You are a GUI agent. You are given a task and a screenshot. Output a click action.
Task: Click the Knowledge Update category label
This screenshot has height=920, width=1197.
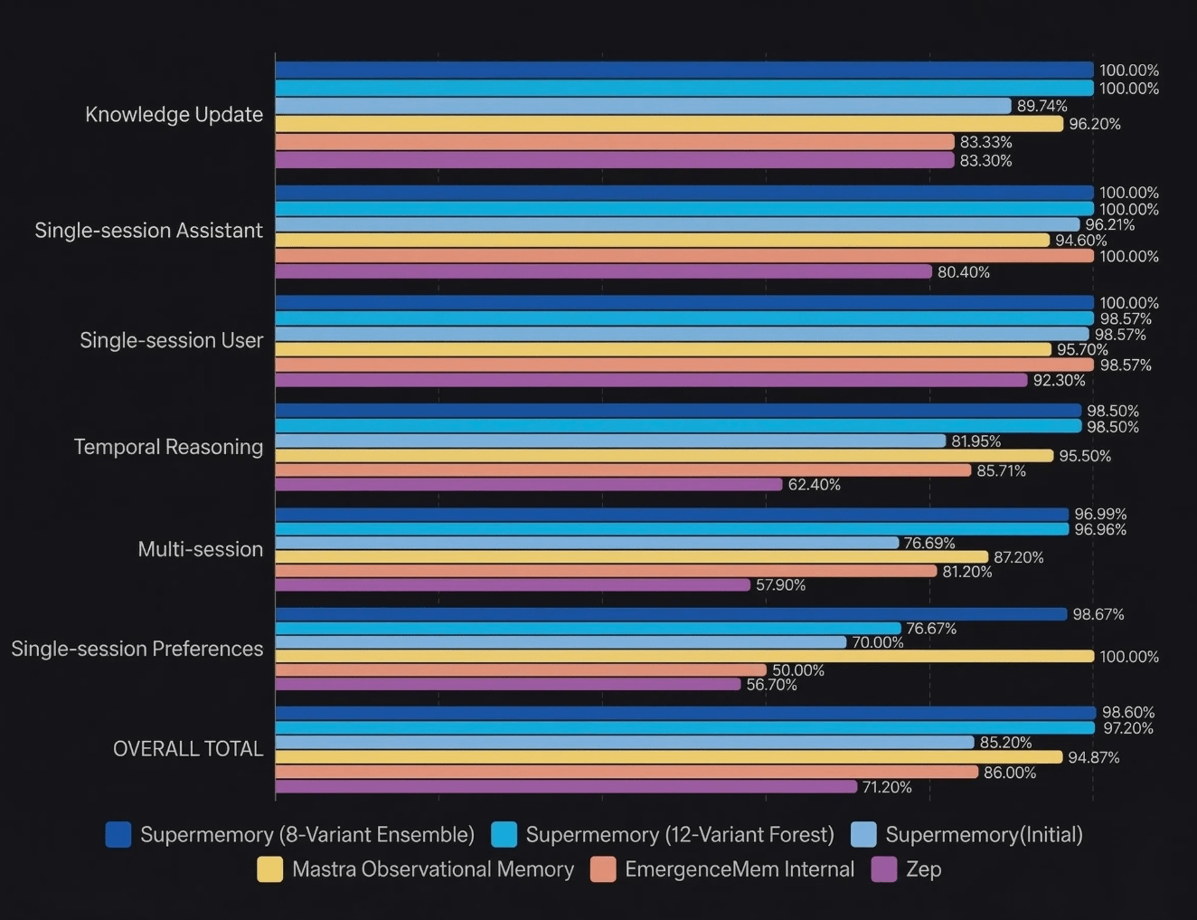click(174, 115)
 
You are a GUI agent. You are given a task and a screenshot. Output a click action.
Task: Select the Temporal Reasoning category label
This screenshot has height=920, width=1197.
click(168, 447)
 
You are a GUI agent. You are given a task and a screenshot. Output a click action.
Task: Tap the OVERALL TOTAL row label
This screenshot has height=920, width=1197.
click(187, 749)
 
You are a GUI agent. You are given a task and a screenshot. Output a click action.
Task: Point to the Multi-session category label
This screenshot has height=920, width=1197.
click(200, 549)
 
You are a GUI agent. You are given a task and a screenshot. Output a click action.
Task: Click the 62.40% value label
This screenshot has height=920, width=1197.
click(814, 485)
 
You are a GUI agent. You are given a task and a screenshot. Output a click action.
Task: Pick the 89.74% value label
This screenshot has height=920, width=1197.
click(1041, 106)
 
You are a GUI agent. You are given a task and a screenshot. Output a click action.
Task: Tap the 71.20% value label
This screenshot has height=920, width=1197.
click(886, 787)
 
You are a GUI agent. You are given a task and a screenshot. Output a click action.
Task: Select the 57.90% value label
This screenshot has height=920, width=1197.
click(780, 585)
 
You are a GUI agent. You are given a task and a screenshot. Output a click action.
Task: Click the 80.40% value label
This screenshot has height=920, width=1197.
click(963, 272)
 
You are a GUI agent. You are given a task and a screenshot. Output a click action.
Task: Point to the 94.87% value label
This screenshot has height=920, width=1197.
click(1093, 757)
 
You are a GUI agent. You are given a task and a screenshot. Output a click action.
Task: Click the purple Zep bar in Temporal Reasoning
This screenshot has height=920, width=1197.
click(528, 485)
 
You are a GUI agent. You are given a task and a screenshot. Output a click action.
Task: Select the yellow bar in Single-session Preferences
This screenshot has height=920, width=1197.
click(683, 656)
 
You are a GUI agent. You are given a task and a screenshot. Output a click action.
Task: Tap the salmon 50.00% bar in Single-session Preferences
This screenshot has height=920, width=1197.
click(520, 670)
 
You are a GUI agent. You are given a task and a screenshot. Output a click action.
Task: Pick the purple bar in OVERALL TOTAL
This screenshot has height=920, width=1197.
click(565, 787)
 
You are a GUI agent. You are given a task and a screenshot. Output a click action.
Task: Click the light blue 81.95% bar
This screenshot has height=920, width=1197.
click(610, 441)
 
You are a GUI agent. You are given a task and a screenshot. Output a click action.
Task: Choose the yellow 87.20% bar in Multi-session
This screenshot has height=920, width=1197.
click(631, 557)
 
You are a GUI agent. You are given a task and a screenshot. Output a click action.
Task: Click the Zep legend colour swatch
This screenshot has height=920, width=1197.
click(883, 869)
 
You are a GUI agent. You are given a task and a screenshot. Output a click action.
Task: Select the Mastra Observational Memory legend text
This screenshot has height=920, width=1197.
click(433, 869)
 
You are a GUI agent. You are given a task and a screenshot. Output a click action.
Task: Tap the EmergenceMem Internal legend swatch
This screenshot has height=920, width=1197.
click(602, 869)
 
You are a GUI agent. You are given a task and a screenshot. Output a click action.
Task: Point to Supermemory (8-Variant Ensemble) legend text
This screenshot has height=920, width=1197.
click(307, 835)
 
